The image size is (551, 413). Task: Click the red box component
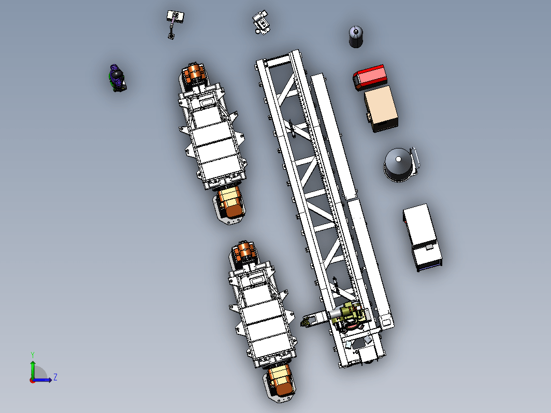pyautogui.click(x=370, y=77)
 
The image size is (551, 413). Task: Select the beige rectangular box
pyautogui.click(x=381, y=109)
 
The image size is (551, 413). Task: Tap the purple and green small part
pyautogui.click(x=117, y=78)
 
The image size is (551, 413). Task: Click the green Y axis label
pyautogui.click(x=32, y=355)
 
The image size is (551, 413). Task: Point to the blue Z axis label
pyautogui.click(x=55, y=377)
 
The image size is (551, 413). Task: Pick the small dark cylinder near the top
pyautogui.click(x=356, y=37)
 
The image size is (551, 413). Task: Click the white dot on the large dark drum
pyautogui.click(x=398, y=159)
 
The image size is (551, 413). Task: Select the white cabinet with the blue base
pyautogui.click(x=422, y=237)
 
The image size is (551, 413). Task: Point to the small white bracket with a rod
pyautogui.click(x=175, y=24)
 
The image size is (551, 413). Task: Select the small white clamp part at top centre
pyautogui.click(x=261, y=23)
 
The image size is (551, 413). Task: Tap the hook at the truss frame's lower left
pyautogui.click(x=306, y=322)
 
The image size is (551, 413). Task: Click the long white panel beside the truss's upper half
pyautogui.click(x=334, y=136)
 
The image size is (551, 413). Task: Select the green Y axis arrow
pyautogui.click(x=33, y=370)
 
